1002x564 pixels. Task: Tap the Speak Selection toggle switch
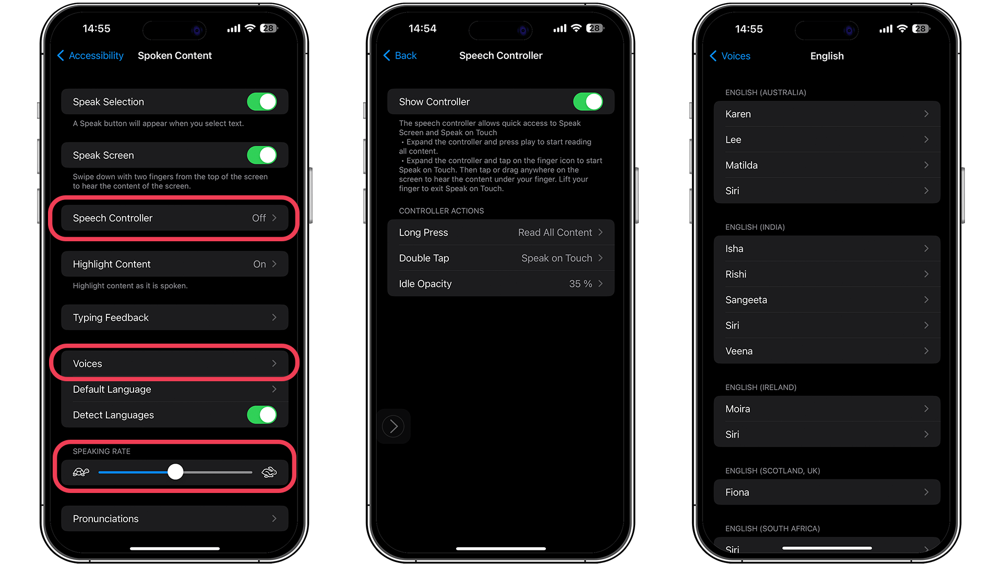click(261, 102)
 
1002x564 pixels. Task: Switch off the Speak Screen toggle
click(261, 155)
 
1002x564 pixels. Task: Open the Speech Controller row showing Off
click(174, 218)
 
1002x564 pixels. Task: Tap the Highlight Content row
click(174, 264)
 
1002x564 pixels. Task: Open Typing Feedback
click(174, 318)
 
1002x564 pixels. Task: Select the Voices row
click(174, 363)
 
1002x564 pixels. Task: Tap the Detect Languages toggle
click(261, 415)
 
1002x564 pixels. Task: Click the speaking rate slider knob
click(175, 472)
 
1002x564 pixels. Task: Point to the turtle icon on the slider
click(81, 472)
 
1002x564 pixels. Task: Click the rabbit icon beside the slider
click(269, 472)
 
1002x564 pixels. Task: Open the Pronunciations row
click(174, 519)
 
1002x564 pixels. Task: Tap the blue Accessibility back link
click(91, 55)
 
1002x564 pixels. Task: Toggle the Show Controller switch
click(588, 102)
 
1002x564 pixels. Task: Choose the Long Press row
click(500, 232)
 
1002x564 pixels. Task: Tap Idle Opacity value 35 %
click(580, 284)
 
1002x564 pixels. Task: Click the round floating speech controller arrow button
click(393, 426)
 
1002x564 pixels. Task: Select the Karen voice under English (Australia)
click(827, 114)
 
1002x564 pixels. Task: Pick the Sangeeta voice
click(827, 300)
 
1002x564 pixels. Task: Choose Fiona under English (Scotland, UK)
click(827, 492)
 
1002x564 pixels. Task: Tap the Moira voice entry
click(827, 409)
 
